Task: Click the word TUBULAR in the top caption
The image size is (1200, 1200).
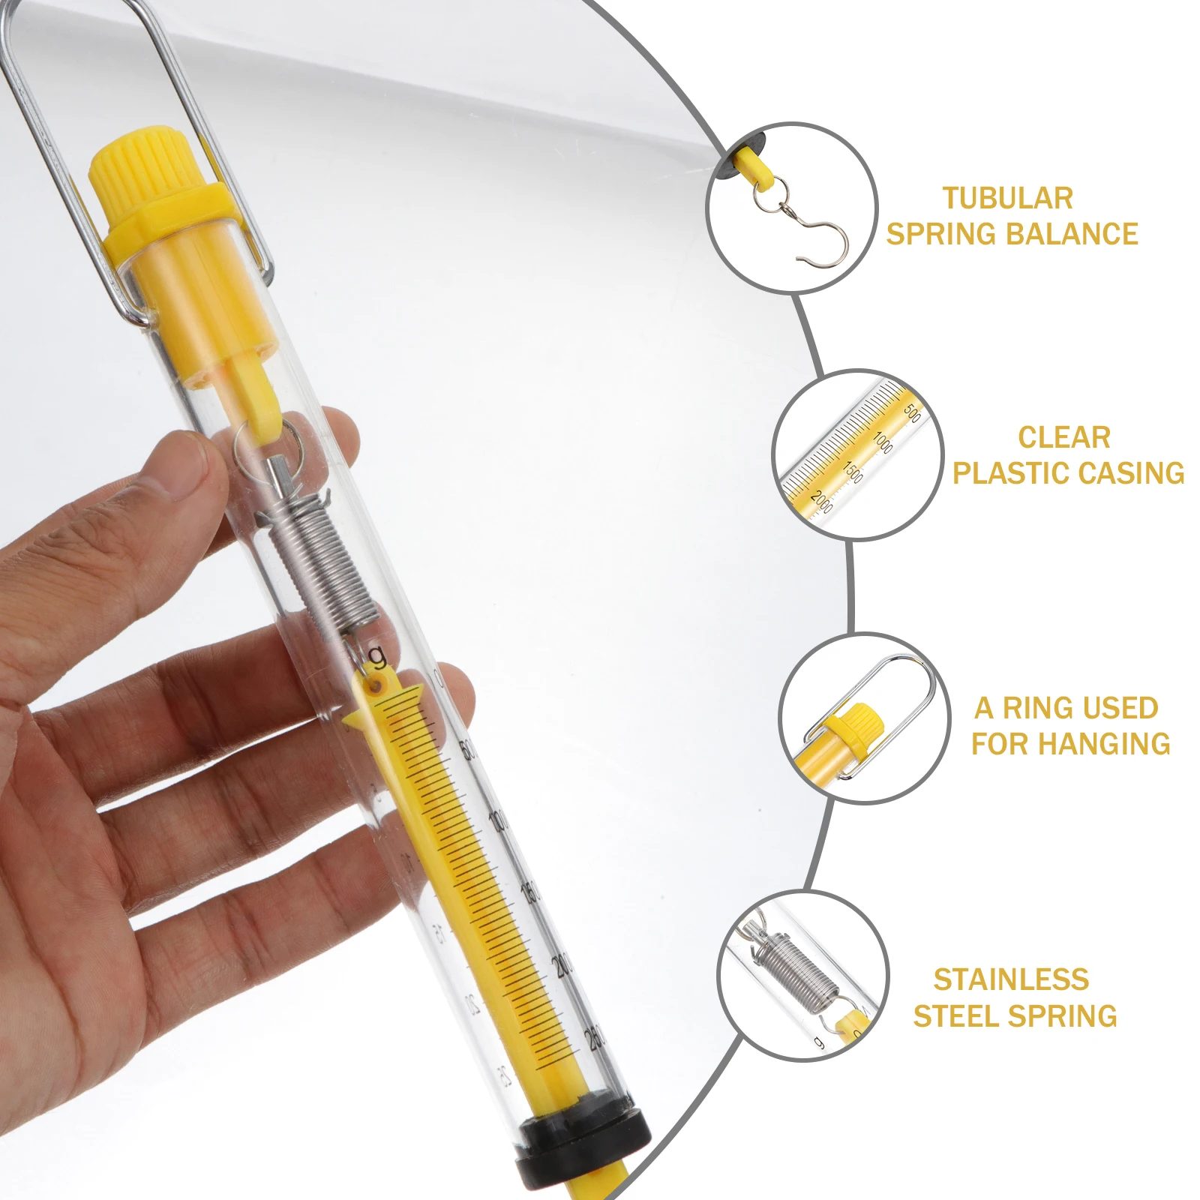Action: coord(1007,199)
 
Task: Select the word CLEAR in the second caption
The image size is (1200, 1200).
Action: coord(1063,437)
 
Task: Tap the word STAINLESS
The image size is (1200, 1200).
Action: coord(1011,979)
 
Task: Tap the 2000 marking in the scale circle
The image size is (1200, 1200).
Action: coord(822,500)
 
